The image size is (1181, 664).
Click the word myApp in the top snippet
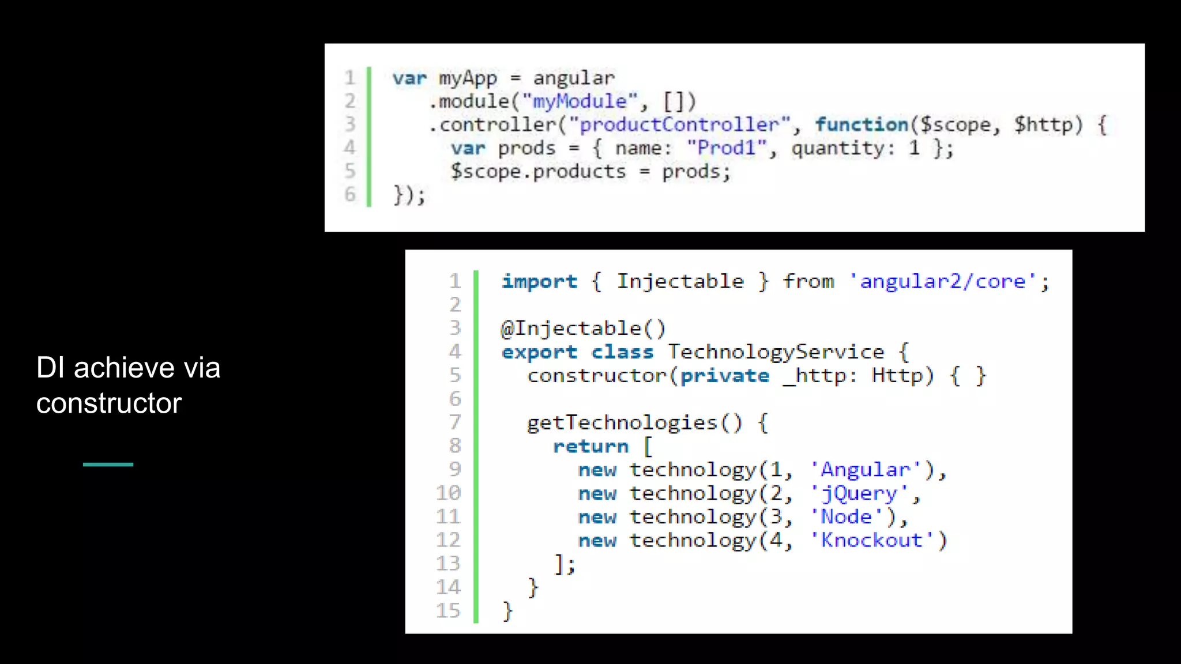pos(467,78)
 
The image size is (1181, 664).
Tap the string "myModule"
pos(580,101)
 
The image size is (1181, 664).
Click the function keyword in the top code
pos(861,124)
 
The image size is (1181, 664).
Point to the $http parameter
pos(1048,124)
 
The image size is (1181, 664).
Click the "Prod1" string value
pos(727,148)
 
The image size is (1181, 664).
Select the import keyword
pos(539,281)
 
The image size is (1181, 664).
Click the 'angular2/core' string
pos(943,281)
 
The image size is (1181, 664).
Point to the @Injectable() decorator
pos(583,329)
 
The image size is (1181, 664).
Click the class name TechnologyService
pos(776,352)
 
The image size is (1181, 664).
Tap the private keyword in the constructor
pos(725,376)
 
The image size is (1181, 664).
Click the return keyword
pos(590,447)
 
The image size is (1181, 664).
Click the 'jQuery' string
pos(859,494)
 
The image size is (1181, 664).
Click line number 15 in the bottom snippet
pos(448,611)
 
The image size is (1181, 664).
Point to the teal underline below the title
pos(108,464)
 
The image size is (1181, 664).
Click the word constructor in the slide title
pos(109,403)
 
